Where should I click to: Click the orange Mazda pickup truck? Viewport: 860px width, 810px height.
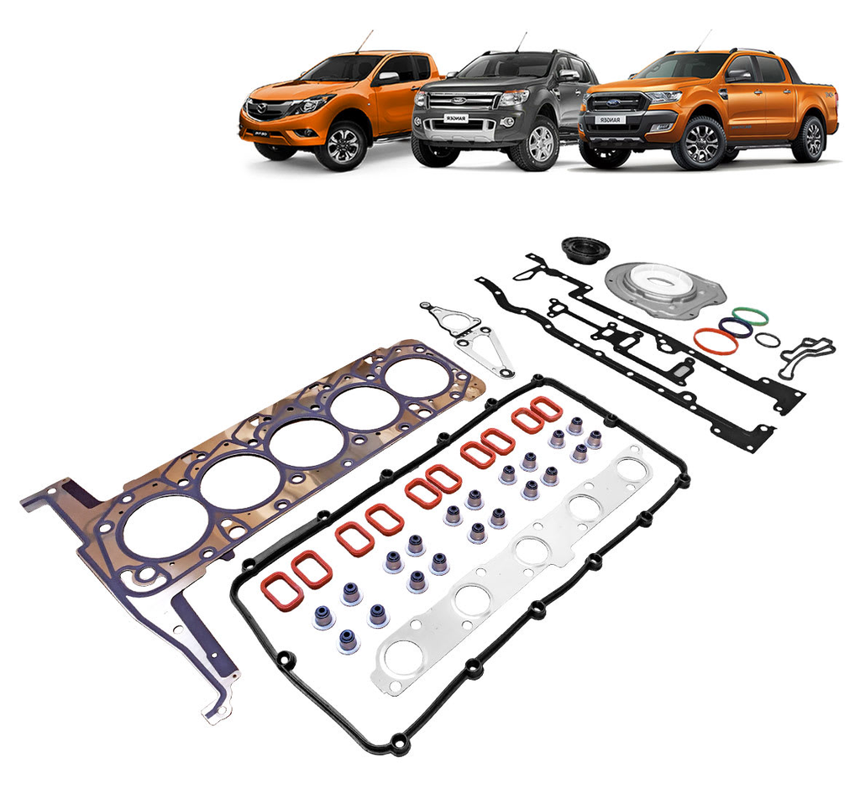tap(336, 105)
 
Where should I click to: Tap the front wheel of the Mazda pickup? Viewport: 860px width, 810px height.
tap(342, 144)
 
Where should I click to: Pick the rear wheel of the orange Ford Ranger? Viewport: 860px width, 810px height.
tap(810, 138)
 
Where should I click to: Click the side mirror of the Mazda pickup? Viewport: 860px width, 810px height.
tap(386, 77)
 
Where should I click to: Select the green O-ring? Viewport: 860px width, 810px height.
tap(750, 316)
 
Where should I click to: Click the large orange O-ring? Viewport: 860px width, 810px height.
tap(716, 341)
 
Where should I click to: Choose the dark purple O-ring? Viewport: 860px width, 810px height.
tap(736, 327)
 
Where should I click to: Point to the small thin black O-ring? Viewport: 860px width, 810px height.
tap(767, 340)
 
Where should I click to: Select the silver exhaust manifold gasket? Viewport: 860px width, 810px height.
tap(512, 571)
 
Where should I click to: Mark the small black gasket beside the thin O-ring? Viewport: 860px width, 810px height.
tap(806, 355)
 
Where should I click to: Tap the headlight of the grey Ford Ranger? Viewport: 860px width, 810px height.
tap(514, 97)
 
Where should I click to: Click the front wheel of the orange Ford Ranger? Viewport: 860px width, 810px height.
tap(698, 144)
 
